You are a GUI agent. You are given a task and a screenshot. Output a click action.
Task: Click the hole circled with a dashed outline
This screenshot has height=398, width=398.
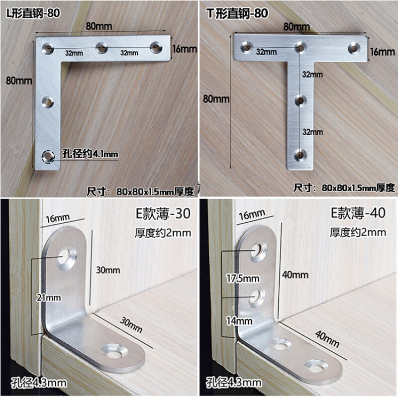coord(48,156)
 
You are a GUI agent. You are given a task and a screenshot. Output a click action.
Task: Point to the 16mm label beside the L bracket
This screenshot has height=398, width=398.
coord(185,49)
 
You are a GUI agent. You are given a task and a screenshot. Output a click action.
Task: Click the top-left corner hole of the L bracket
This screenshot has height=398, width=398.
coord(48,48)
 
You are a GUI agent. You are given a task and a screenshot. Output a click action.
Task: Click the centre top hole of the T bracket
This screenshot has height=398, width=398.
coord(299,47)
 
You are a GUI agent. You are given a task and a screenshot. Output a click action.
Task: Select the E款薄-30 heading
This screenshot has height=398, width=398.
coord(163,214)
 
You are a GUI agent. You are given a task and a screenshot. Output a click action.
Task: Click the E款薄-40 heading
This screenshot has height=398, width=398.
coord(359,214)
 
